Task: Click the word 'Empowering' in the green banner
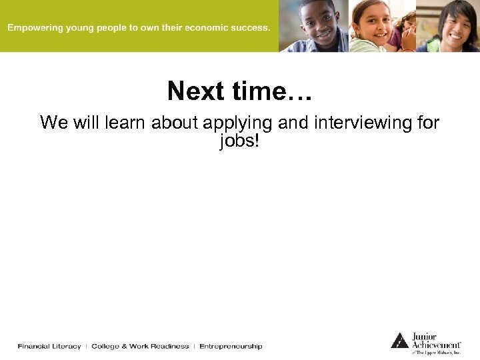coord(34,28)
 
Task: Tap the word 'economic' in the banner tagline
coord(205,28)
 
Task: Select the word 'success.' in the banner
coord(250,28)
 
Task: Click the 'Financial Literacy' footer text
coord(49,346)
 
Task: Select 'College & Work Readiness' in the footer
coord(140,346)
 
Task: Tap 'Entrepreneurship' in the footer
coord(231,346)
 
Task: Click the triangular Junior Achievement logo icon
coord(399,341)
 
